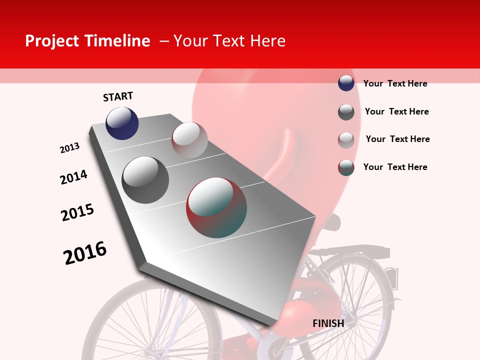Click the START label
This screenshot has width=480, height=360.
click(x=118, y=96)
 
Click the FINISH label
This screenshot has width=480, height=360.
click(x=328, y=323)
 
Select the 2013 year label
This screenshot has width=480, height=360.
click(x=69, y=148)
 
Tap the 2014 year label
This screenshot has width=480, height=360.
click(x=73, y=177)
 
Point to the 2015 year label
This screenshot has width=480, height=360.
click(x=77, y=212)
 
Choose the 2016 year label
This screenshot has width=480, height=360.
click(x=85, y=252)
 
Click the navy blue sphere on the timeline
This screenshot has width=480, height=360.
click(x=122, y=123)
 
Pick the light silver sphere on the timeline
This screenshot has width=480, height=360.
click(x=189, y=140)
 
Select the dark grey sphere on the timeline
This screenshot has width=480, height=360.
click(x=145, y=180)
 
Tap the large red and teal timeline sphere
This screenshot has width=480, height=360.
click(x=216, y=207)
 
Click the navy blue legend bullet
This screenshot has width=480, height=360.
click(x=346, y=83)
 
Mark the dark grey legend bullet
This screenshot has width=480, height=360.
click(x=346, y=112)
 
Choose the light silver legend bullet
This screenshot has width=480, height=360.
click(x=346, y=140)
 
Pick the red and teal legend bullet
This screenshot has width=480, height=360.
click(x=346, y=167)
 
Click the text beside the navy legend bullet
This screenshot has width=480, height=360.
click(x=395, y=83)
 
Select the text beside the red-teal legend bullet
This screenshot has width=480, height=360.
click(x=395, y=167)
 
